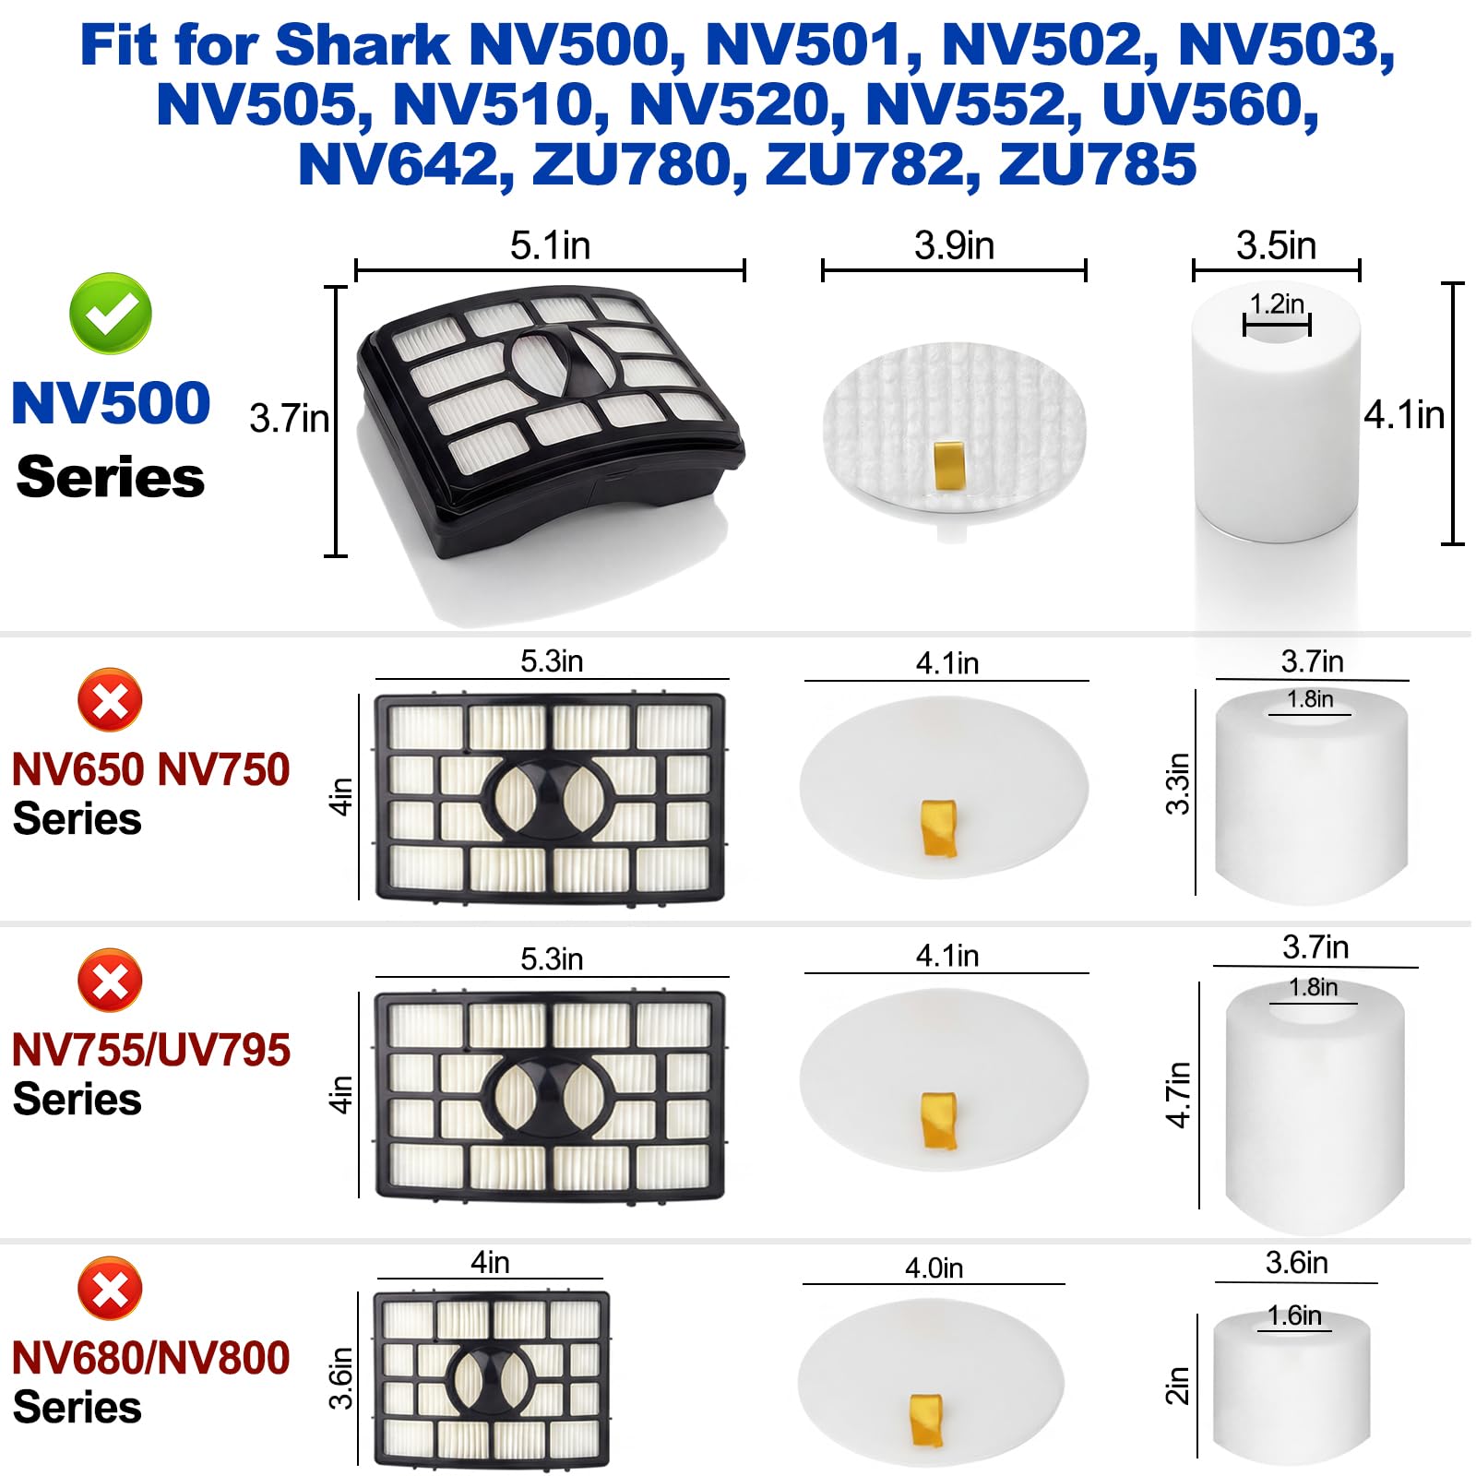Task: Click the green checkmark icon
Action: tap(111, 314)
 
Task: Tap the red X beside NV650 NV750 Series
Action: tap(110, 701)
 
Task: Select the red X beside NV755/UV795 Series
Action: tap(110, 980)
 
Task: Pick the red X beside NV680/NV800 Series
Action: tap(110, 1288)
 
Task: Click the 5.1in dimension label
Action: tap(550, 246)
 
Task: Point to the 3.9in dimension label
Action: tap(954, 246)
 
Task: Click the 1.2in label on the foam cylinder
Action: tap(1277, 304)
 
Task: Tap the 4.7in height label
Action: tap(1178, 1094)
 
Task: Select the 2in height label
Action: tap(1177, 1385)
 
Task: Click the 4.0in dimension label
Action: tap(934, 1268)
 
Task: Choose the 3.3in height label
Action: tap(1178, 784)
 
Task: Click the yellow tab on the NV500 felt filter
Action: tap(948, 465)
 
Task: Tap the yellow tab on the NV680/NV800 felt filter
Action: tap(926, 1420)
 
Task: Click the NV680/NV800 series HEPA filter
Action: tap(491, 1379)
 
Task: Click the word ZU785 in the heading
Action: tap(1097, 164)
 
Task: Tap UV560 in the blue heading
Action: tap(1210, 104)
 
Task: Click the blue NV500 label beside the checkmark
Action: tap(111, 403)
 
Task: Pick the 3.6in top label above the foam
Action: tap(1296, 1263)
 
